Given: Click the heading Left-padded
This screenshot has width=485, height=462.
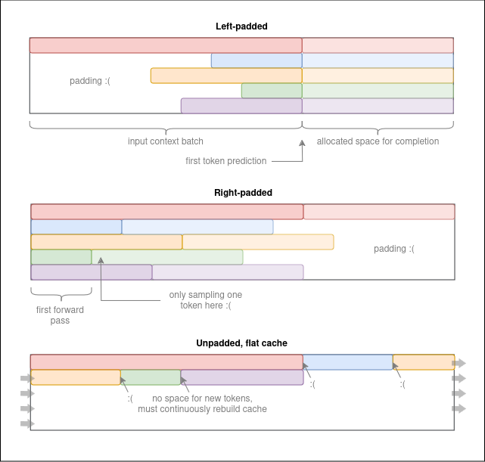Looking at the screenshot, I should [x=241, y=26].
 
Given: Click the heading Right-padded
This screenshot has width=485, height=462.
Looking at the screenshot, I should [x=243, y=193].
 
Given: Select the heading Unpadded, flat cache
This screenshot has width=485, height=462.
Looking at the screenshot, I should [x=241, y=343].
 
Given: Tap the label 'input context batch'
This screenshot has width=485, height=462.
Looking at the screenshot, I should [x=166, y=141].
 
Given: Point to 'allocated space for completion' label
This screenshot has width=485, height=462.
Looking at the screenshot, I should [x=378, y=141].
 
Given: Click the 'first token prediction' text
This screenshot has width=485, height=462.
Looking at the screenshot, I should [x=225, y=161].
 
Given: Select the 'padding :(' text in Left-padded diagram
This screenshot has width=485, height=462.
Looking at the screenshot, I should [x=90, y=81].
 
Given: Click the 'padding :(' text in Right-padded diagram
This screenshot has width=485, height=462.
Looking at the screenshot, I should [x=394, y=249].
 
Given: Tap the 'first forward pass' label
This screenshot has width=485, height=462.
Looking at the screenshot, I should [x=60, y=315].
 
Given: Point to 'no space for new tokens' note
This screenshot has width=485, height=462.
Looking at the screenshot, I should [x=202, y=404].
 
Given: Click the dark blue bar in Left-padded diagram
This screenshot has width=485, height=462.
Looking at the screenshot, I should [x=256, y=60].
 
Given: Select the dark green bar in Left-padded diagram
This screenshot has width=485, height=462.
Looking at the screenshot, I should [x=272, y=91].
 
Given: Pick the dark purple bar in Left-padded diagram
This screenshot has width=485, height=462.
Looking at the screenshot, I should [x=241, y=106].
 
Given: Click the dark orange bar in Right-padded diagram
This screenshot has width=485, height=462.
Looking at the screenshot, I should [x=107, y=242].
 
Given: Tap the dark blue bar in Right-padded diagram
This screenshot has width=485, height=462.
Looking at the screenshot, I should [x=76, y=227].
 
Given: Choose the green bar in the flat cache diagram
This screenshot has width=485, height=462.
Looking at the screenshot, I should [x=151, y=377].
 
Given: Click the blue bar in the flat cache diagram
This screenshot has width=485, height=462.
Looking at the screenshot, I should [x=348, y=362].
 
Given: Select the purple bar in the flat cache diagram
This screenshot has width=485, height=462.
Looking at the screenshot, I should [x=241, y=377].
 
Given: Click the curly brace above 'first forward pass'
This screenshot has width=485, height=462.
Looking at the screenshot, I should [x=61, y=293].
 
